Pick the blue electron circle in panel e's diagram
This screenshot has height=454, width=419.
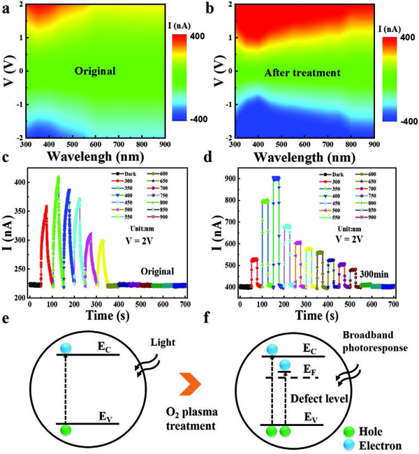[x=65, y=348]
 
